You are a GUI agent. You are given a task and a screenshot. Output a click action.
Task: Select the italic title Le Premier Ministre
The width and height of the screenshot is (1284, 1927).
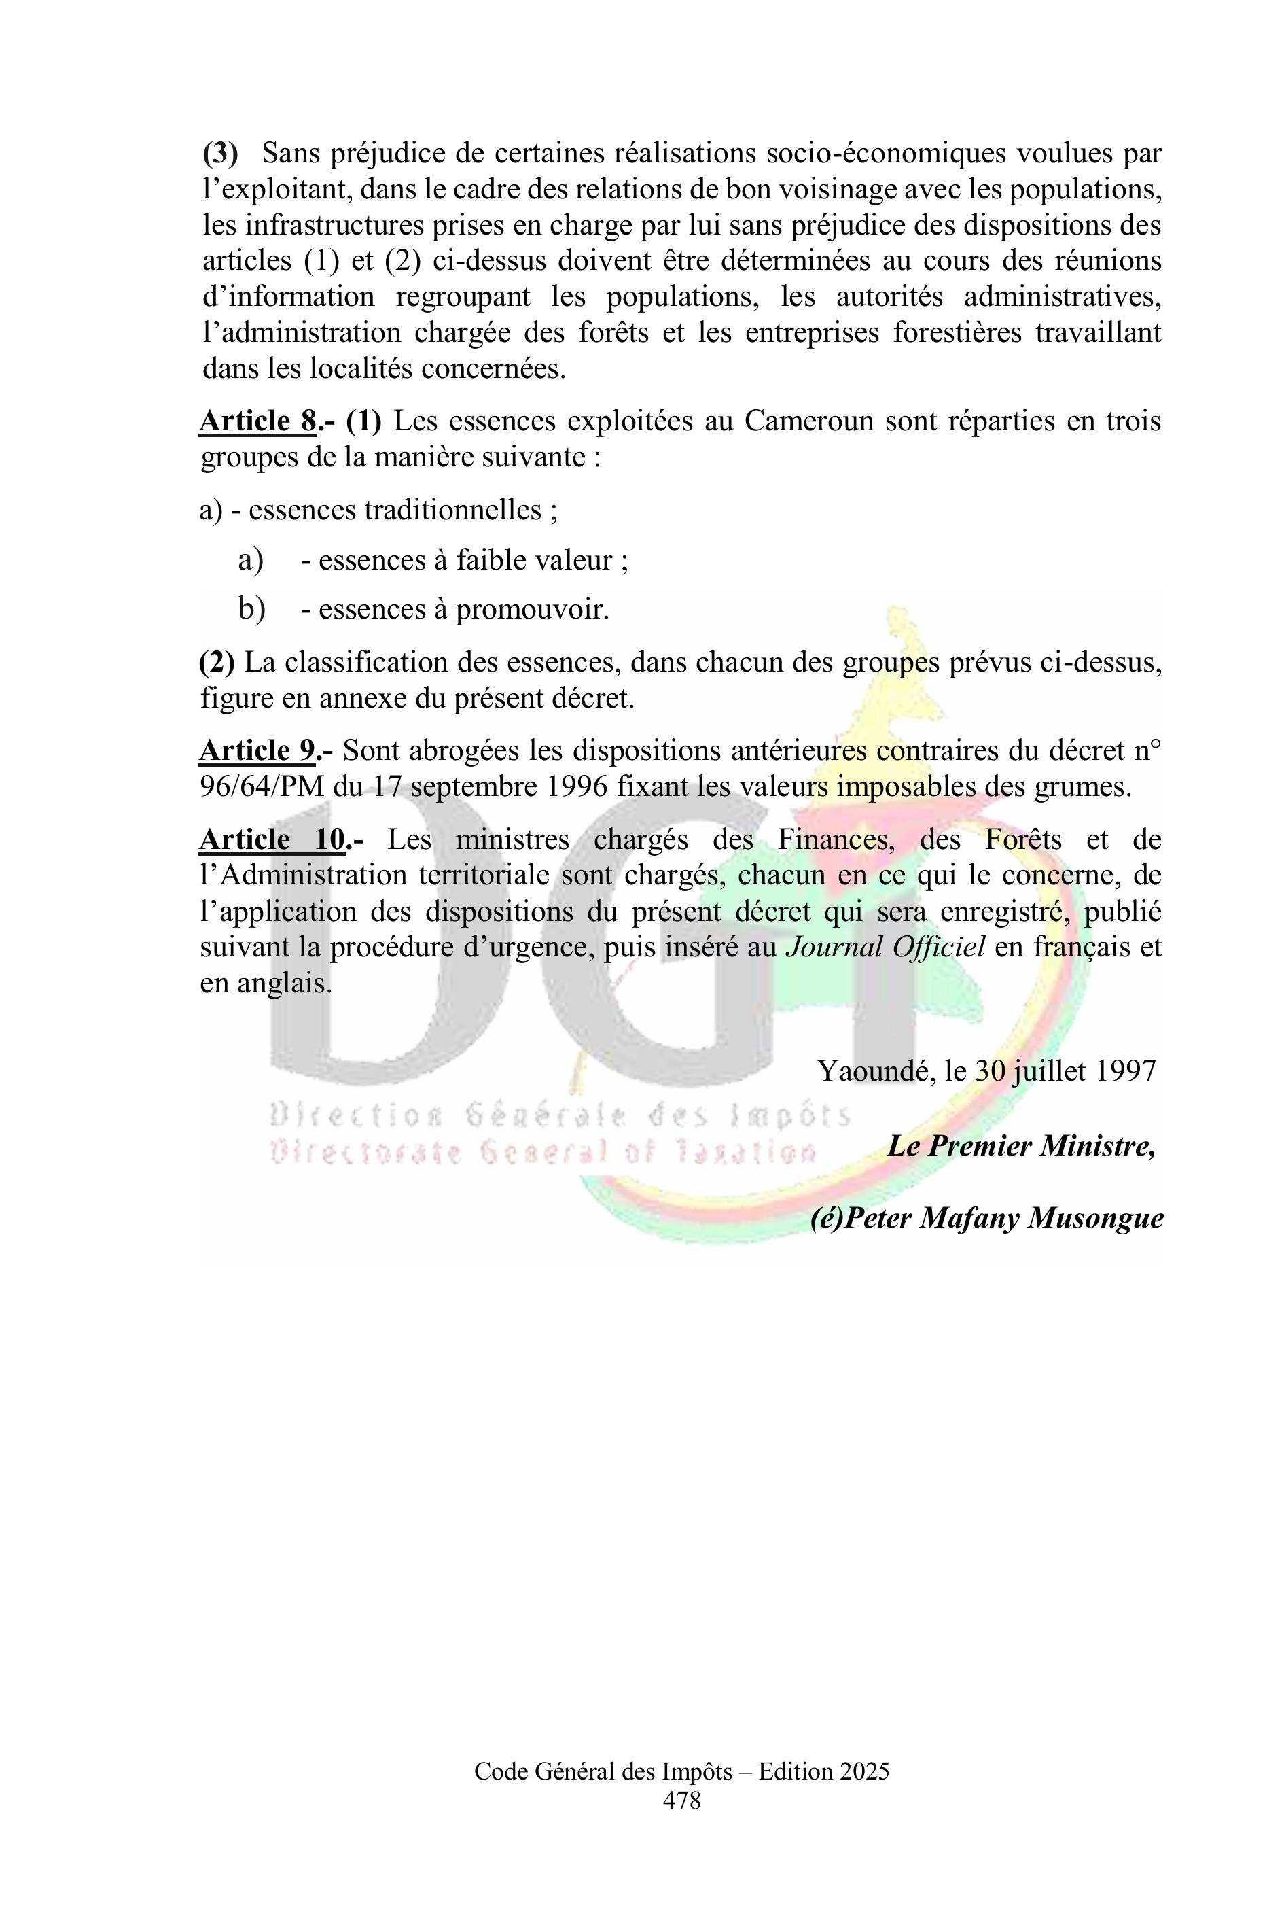coord(1020,1145)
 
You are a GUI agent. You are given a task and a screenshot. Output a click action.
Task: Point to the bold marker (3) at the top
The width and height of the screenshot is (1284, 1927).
coord(220,153)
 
